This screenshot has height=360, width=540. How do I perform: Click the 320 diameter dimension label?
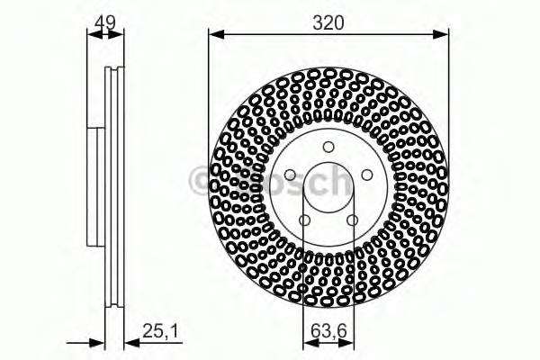328,24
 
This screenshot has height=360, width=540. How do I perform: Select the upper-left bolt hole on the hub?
290,176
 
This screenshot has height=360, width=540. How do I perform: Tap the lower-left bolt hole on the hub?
305,220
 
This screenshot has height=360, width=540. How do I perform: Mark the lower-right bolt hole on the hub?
352,220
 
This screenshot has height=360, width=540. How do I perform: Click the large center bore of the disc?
328,191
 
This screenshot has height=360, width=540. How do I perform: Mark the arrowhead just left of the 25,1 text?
129,342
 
